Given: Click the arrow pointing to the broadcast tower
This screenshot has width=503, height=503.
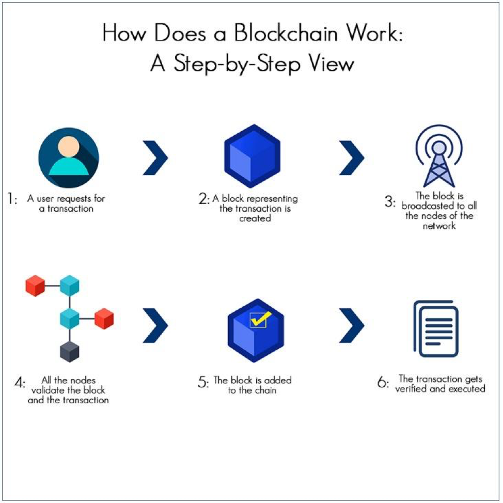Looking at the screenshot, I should coord(351,156).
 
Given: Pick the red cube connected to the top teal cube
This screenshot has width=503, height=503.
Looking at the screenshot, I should coord(36,286).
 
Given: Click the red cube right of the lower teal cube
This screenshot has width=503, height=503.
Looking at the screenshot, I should coord(104,318).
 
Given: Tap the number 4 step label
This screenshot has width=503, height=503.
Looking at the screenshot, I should coord(20,384).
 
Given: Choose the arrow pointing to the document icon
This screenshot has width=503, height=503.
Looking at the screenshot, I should coord(351,325).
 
